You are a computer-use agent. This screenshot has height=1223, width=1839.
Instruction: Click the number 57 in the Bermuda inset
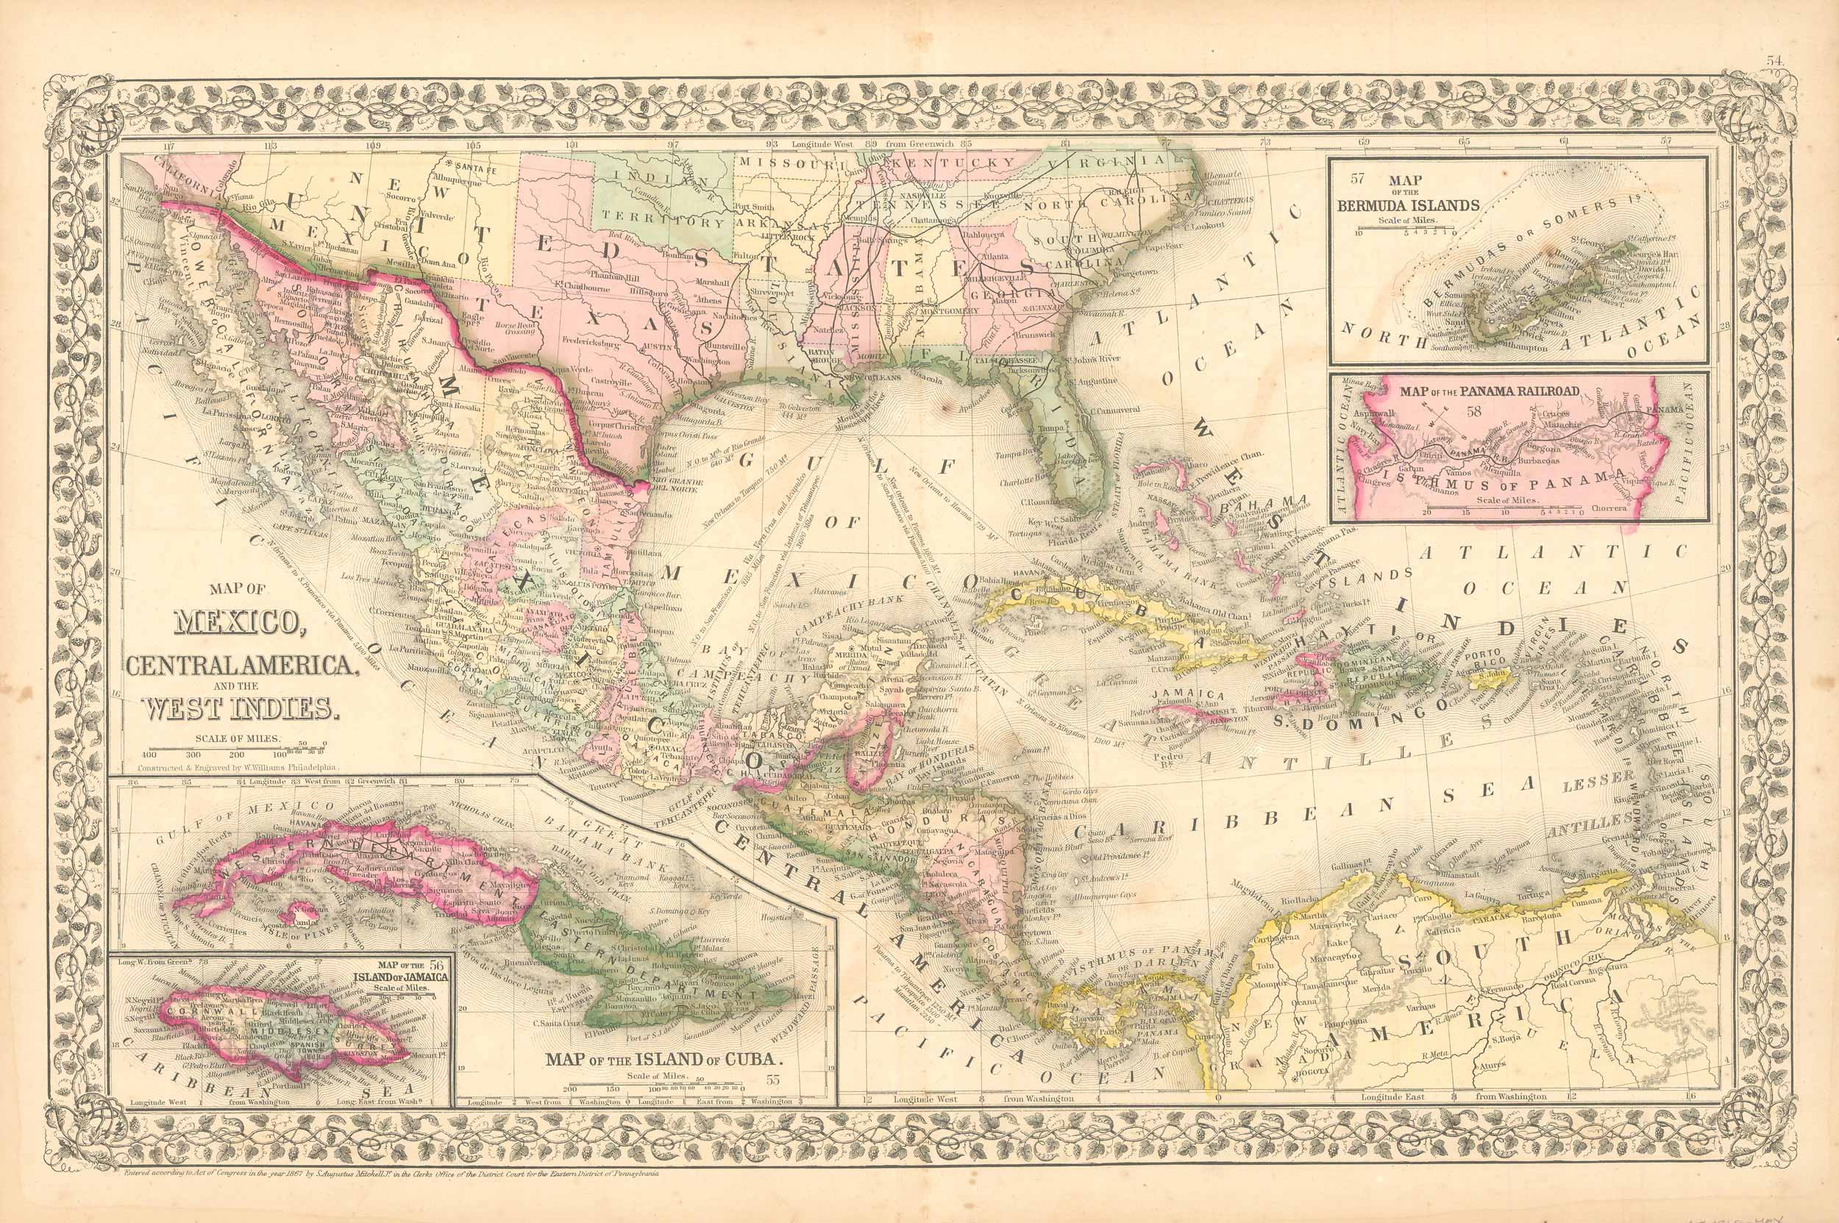[1359, 177]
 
